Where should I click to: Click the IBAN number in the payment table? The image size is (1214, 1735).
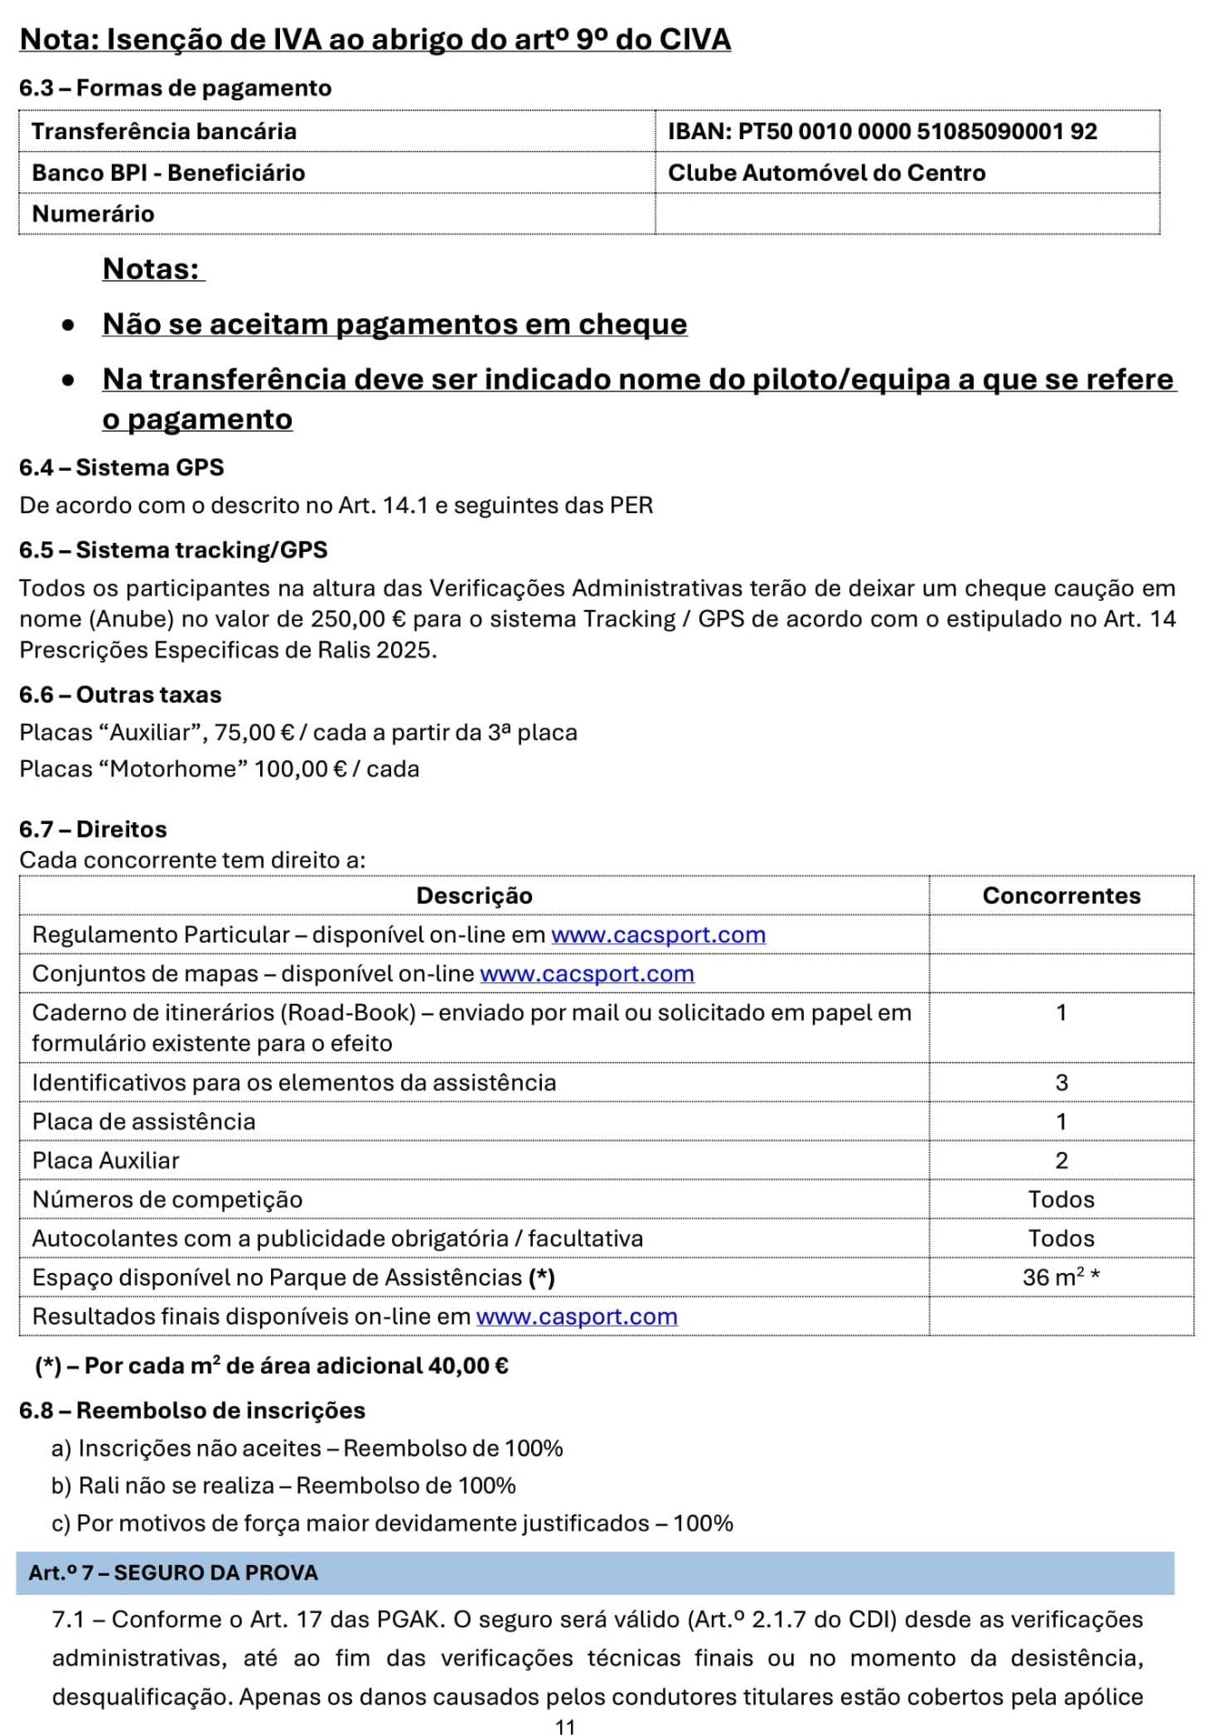pyautogui.click(x=918, y=131)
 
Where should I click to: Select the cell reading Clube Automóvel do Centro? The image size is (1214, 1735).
pyautogui.click(x=826, y=173)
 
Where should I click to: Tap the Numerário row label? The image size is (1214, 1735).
pyautogui.click(x=93, y=214)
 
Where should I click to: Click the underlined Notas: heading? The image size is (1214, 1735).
pyautogui.click(x=152, y=269)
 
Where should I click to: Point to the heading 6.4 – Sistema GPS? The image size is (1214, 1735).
pyautogui.click(x=122, y=467)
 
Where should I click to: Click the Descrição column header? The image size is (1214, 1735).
pyautogui.click(x=474, y=896)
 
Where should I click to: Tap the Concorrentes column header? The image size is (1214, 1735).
pyautogui.click(x=1061, y=896)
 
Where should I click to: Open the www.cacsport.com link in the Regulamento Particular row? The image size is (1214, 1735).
pyautogui.click(x=658, y=935)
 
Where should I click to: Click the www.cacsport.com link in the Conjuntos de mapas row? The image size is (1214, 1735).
pyautogui.click(x=587, y=974)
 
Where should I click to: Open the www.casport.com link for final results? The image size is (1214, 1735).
pyautogui.click(x=577, y=1317)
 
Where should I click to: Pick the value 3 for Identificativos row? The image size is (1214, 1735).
pyautogui.click(x=1061, y=1083)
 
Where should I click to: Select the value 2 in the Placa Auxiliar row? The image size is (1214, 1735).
pyautogui.click(x=1061, y=1160)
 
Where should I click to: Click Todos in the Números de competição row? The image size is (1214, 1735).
pyautogui.click(x=1061, y=1199)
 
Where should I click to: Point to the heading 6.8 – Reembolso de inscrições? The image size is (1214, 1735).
pyautogui.click(x=192, y=1411)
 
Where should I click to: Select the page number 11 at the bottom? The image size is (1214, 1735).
pyautogui.click(x=565, y=1726)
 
